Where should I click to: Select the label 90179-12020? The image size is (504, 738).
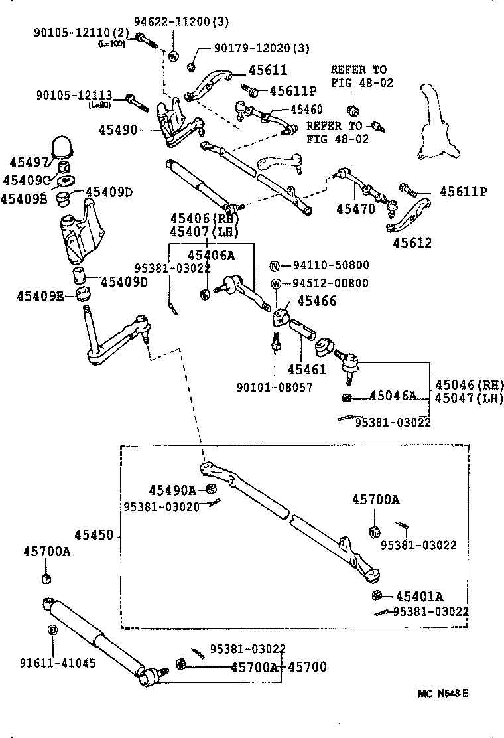pyautogui.click(x=253, y=48)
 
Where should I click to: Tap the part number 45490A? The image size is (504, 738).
pyautogui.click(x=172, y=490)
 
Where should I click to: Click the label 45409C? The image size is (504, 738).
pyautogui.click(x=26, y=180)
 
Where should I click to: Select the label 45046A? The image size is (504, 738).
pyautogui.click(x=392, y=396)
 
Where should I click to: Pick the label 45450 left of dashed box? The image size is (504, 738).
pyautogui.click(x=94, y=535)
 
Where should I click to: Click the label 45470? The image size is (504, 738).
pyautogui.click(x=355, y=208)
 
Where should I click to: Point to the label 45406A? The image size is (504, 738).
pyautogui.click(x=211, y=255)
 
